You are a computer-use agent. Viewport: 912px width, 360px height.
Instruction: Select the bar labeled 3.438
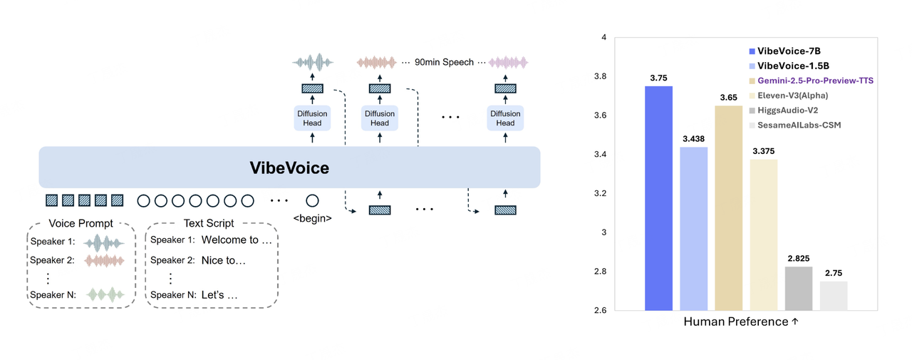click(693, 229)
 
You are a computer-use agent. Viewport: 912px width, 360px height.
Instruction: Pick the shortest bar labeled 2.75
click(834, 296)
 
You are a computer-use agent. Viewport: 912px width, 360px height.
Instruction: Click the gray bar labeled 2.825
click(799, 289)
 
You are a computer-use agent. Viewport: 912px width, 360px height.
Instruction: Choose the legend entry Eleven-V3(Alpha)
click(792, 96)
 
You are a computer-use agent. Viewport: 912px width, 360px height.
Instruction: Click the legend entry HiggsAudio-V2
click(787, 110)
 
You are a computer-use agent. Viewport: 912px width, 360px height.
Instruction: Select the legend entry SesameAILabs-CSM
click(794, 125)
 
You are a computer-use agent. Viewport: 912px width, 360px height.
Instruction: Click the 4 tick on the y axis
click(603, 38)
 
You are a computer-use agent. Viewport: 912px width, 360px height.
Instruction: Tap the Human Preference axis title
click(741, 322)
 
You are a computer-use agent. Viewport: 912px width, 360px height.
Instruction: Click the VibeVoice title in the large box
click(289, 168)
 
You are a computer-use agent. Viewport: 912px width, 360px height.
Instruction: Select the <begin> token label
click(312, 218)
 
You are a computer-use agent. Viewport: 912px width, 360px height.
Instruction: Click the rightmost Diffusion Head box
click(505, 118)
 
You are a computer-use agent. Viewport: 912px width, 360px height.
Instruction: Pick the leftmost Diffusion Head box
click(312, 118)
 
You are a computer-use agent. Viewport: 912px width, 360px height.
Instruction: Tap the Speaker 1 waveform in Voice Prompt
click(104, 242)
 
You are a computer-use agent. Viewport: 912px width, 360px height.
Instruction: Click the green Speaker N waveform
click(104, 294)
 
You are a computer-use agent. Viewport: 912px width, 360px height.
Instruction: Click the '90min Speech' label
click(444, 62)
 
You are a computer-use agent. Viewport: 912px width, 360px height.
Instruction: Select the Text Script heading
click(209, 223)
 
